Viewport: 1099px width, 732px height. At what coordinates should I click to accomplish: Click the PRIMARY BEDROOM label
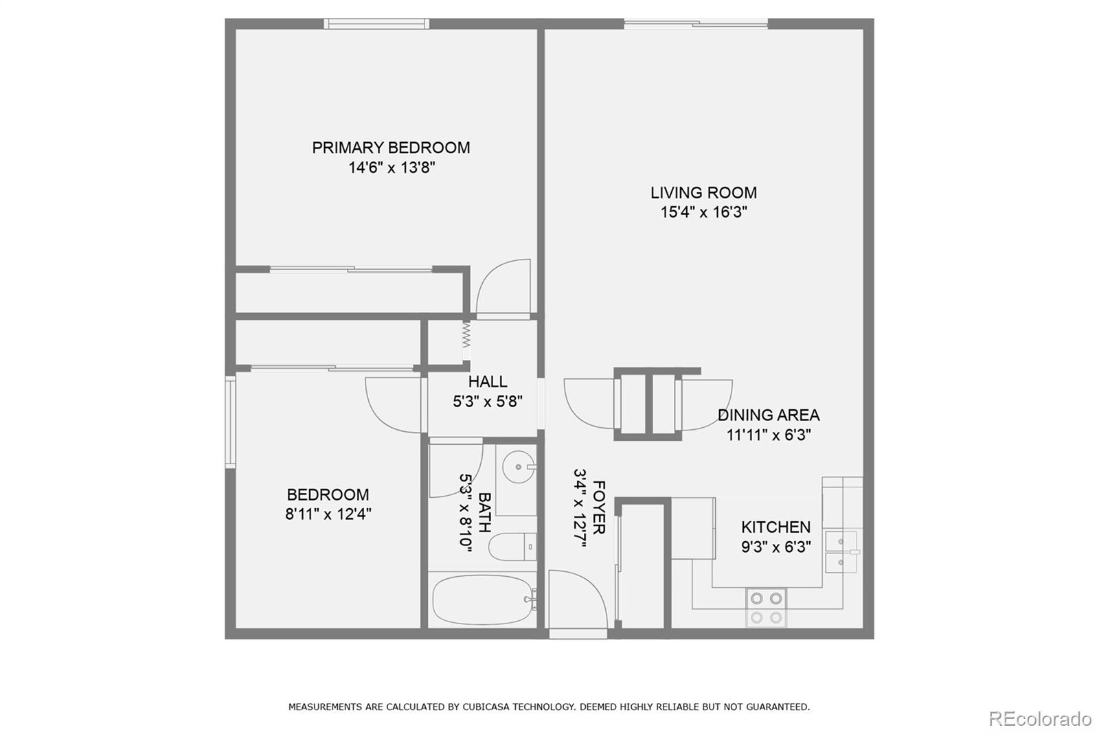pyautogui.click(x=391, y=148)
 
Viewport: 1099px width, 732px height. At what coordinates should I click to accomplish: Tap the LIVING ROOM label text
pyautogui.click(x=703, y=193)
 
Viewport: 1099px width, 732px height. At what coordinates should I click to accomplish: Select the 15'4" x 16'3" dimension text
pyautogui.click(x=703, y=212)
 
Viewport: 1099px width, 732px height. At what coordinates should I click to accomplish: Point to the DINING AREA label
pyautogui.click(x=768, y=415)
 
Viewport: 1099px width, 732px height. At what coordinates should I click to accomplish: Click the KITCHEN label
pyautogui.click(x=775, y=527)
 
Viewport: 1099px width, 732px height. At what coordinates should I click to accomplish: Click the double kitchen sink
pyautogui.click(x=841, y=552)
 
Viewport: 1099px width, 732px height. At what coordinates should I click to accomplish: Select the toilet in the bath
pyautogui.click(x=512, y=547)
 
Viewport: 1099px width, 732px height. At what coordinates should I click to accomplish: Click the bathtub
pyautogui.click(x=482, y=599)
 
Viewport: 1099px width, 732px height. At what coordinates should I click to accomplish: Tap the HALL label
pyautogui.click(x=488, y=382)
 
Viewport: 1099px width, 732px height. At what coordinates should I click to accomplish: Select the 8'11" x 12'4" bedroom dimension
pyautogui.click(x=328, y=514)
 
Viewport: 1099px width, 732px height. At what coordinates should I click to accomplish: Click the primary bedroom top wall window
pyautogui.click(x=376, y=24)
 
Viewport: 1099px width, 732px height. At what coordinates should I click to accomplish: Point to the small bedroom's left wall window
pyautogui.click(x=231, y=422)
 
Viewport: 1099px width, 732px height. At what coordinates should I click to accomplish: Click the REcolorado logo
pyautogui.click(x=1039, y=718)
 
